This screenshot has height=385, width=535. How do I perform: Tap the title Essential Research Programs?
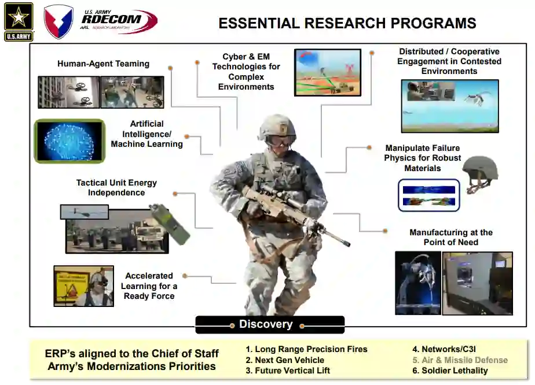click(x=347, y=23)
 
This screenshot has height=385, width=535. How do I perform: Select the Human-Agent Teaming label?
click(x=103, y=64)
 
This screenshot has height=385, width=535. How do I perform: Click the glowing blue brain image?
click(x=69, y=140)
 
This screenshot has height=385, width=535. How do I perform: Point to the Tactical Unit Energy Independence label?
click(x=116, y=187)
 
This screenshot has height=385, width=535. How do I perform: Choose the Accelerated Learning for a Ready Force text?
click(x=149, y=286)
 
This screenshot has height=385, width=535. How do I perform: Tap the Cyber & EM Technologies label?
click(x=246, y=72)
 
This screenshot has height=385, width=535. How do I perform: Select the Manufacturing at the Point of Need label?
click(x=450, y=237)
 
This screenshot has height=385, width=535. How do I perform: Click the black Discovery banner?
click(x=269, y=324)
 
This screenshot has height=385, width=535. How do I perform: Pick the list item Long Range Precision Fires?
click(x=306, y=349)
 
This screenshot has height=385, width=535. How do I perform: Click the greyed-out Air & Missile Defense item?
click(x=460, y=360)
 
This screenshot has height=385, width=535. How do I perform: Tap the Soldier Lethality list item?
click(x=450, y=371)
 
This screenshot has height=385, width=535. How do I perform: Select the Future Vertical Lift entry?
click(x=288, y=371)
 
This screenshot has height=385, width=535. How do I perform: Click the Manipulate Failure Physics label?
click(x=423, y=158)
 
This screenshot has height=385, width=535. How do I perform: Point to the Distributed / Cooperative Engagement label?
click(x=449, y=61)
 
